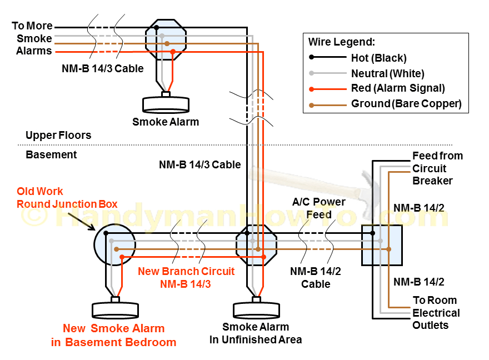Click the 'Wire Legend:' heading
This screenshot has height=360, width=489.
tap(341, 42)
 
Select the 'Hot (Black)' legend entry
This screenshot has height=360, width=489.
tap(378, 58)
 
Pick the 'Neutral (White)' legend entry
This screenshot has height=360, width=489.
tap(387, 73)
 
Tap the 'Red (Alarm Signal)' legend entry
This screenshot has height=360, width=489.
tap(398, 88)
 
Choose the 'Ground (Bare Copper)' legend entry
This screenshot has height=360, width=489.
tap(406, 104)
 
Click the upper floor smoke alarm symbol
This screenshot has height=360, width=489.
tap(166, 104)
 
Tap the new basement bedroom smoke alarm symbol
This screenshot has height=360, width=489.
tap(115, 309)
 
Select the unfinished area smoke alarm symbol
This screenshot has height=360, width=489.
tap(256, 309)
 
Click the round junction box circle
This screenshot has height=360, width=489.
tap(114, 244)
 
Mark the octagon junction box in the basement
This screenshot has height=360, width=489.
tap(256, 245)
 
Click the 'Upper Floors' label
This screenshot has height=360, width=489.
tap(58, 136)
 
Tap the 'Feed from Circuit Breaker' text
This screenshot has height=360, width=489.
tap(437, 168)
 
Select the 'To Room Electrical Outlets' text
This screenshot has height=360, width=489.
tap(436, 313)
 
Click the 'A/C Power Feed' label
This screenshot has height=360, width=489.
tap(319, 208)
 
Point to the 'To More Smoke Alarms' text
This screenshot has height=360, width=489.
tap(33, 38)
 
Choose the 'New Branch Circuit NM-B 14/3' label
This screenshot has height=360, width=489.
tap(186, 278)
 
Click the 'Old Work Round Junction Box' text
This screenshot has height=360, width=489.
tap(67, 197)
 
